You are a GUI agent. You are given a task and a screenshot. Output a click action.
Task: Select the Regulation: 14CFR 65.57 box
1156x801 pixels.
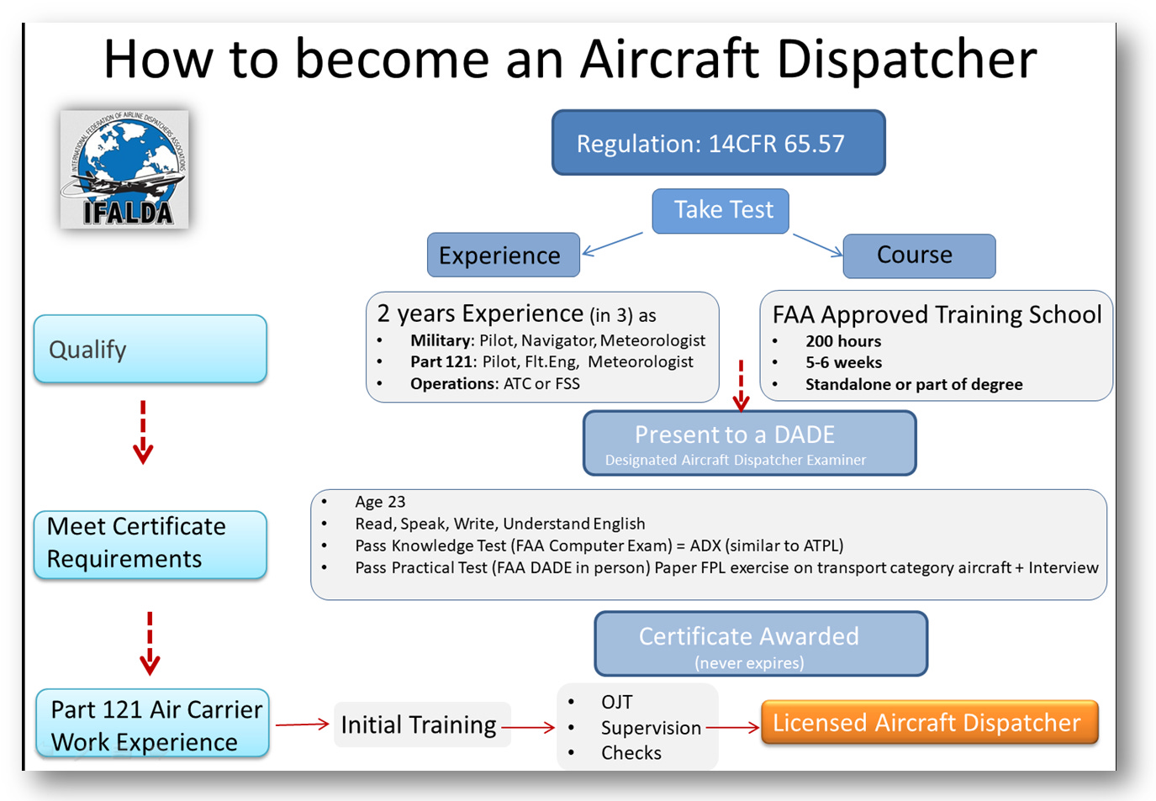point(718,143)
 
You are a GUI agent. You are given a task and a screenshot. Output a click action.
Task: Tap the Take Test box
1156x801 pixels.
point(721,210)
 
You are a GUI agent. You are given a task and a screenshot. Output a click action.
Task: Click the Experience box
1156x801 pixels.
point(503,256)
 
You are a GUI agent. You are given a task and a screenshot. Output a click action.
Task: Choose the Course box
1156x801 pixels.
point(919,256)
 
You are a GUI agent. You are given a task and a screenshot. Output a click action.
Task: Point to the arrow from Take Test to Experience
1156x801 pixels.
point(612,243)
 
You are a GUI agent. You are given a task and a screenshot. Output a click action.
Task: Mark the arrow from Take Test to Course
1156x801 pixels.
point(817,245)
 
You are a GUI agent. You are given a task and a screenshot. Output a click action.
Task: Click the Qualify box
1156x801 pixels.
point(150,349)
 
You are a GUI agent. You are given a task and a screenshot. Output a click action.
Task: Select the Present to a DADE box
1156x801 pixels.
point(749,443)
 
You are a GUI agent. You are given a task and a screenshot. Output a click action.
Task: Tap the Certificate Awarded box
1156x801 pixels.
point(760,644)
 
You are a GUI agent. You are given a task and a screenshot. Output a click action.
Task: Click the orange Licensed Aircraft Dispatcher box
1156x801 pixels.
point(929,723)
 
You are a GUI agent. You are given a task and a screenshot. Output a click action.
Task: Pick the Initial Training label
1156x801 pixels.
point(419,725)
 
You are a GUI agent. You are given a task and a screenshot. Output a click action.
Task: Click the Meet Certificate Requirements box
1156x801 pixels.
point(150,544)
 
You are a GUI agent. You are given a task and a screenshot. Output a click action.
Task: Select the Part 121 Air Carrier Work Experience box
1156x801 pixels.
point(152,725)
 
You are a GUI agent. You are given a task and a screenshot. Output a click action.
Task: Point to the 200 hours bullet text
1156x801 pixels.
point(843,341)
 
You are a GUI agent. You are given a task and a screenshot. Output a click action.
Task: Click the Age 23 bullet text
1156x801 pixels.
point(380,502)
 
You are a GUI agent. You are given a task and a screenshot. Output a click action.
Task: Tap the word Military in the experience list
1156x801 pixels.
point(441,340)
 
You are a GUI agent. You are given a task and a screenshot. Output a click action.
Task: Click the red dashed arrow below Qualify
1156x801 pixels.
point(143,432)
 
